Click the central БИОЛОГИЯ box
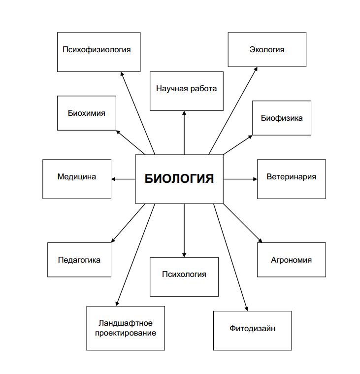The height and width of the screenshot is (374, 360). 179,179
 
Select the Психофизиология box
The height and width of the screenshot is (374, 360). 98,52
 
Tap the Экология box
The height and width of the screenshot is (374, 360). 267,49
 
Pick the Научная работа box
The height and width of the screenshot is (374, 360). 187,91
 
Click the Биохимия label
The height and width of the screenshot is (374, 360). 87,113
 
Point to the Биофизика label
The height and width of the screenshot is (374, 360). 282,118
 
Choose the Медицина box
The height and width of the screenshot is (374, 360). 77,179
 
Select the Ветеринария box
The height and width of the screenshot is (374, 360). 292,179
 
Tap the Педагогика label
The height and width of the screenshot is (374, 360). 79,260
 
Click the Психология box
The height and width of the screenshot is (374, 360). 184,277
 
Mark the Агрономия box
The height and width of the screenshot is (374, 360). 292,260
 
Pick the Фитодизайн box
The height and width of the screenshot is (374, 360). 252,331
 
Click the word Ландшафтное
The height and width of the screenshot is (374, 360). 126,323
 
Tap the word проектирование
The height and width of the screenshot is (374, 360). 126,333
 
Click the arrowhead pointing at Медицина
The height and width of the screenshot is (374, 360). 113,179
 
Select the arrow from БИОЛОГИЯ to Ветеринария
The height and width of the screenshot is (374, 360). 240,179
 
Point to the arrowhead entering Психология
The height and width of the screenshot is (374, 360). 184,255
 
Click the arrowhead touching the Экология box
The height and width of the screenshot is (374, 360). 256,69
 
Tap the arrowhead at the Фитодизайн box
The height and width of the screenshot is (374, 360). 247,309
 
